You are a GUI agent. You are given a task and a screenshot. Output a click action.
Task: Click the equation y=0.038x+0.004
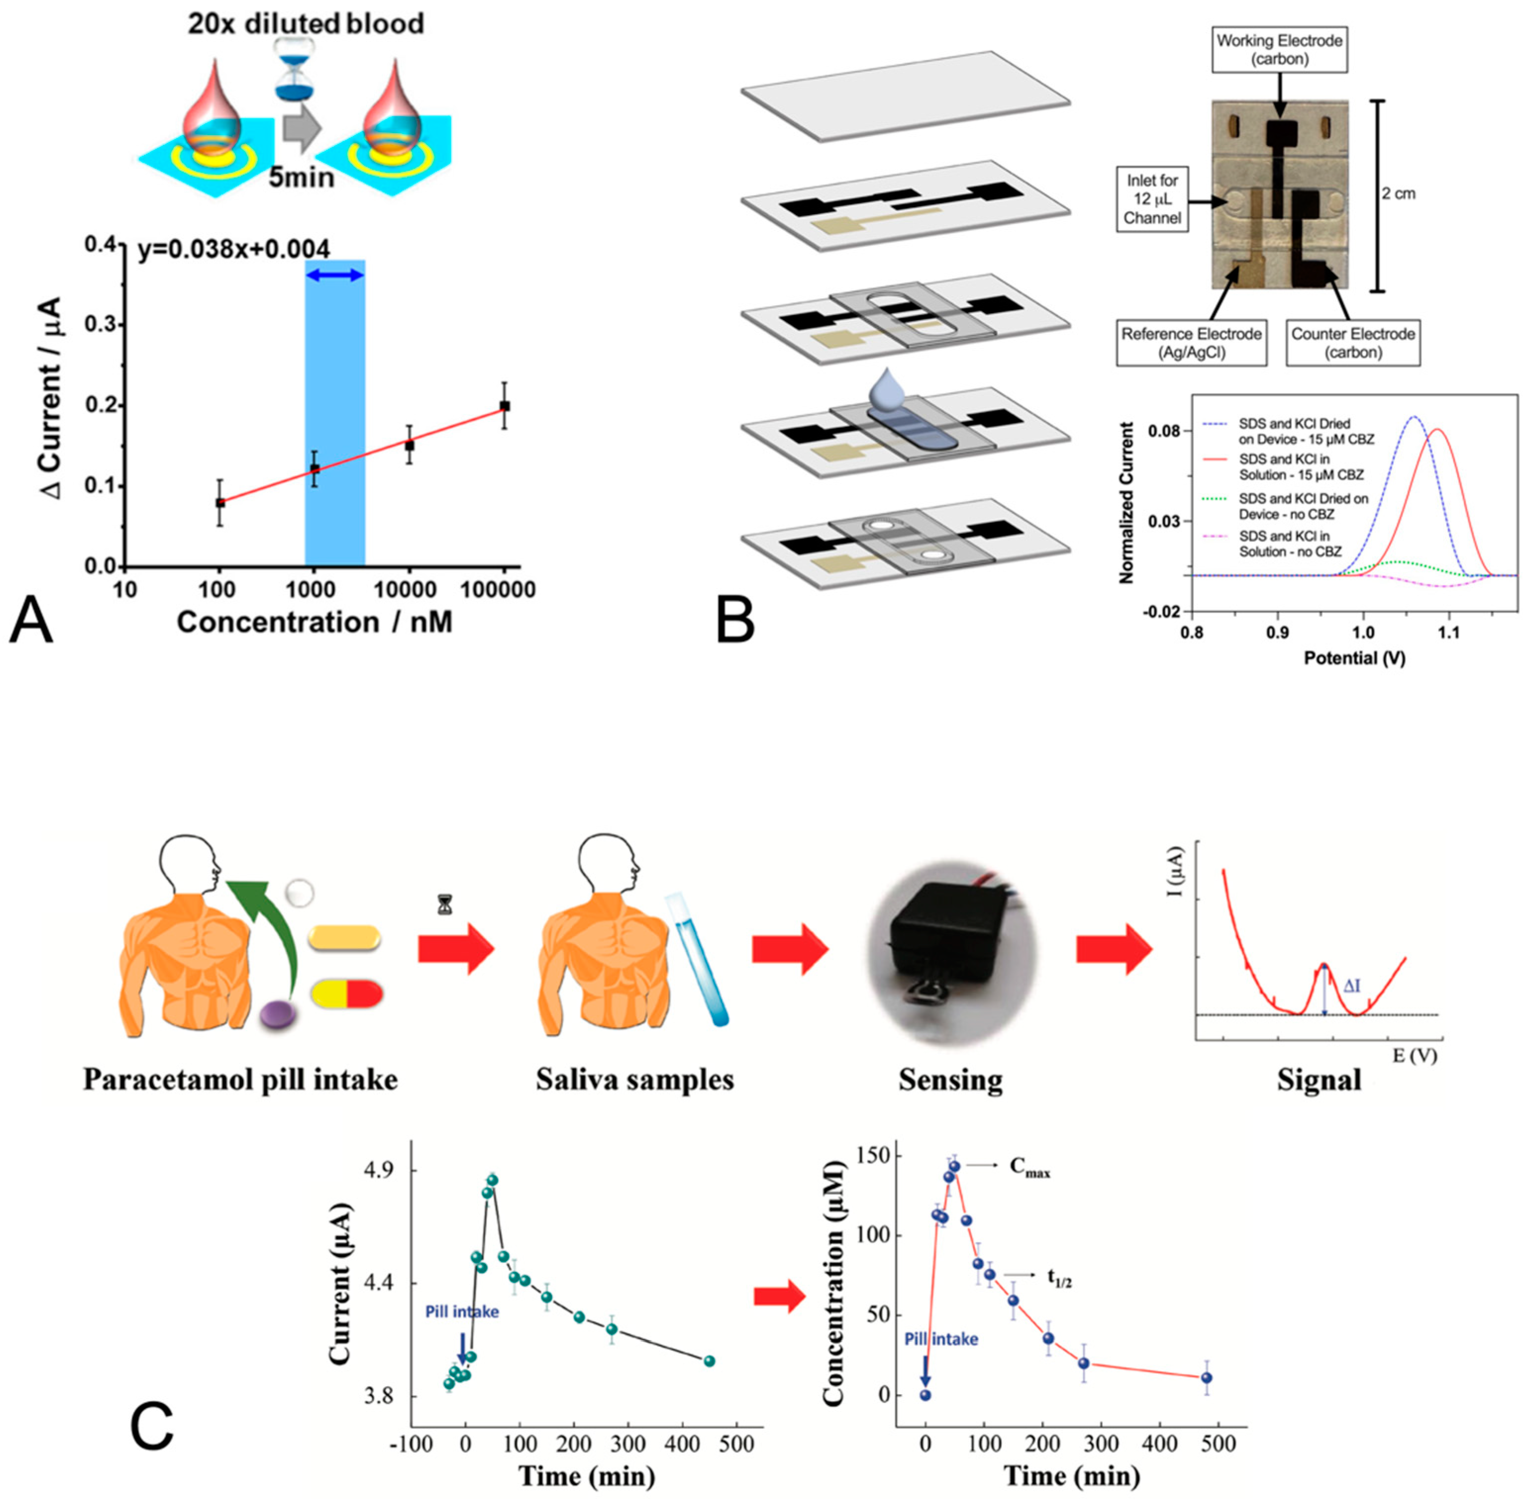(234, 250)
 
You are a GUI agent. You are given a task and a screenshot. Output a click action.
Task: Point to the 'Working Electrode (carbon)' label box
(1279, 49)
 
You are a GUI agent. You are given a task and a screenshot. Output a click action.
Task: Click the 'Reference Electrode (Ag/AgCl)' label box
(1191, 343)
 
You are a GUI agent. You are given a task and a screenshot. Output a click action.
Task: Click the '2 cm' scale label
(1399, 194)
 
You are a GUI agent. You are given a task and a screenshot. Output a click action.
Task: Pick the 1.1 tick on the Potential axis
(1448, 632)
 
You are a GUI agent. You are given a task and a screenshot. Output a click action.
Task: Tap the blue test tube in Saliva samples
(697, 958)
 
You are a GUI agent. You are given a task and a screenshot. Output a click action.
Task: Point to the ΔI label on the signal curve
(1351, 985)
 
